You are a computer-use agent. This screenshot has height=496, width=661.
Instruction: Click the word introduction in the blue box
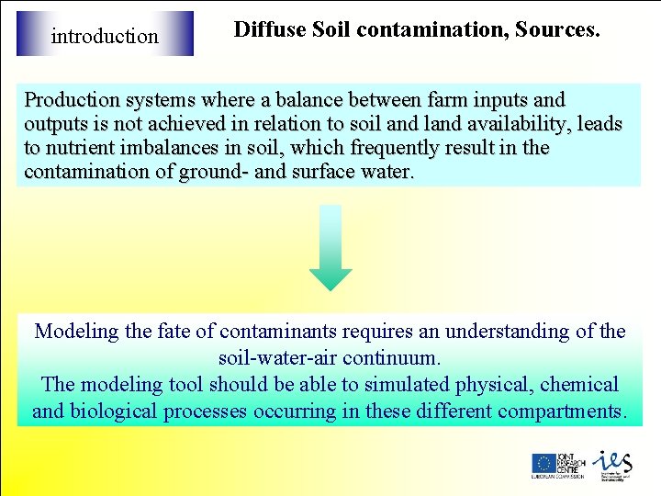point(105,37)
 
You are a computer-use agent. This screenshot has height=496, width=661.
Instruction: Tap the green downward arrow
point(330,249)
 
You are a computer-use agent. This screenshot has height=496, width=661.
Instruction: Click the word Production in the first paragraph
point(72,99)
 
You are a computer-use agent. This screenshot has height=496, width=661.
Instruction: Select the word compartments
point(559,411)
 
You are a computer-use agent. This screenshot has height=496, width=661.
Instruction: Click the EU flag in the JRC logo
point(543,464)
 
